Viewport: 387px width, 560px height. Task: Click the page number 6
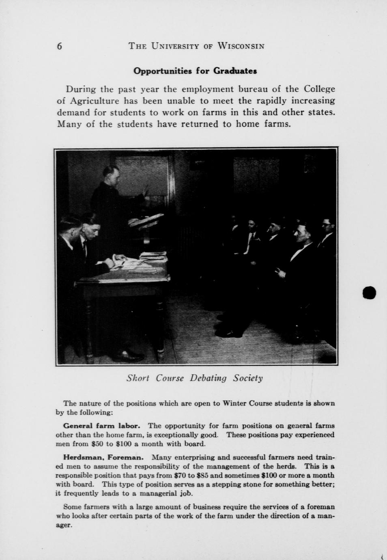(x=60, y=46)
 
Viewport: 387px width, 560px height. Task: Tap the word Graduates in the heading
(x=235, y=71)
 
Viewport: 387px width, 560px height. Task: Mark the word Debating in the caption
(x=209, y=378)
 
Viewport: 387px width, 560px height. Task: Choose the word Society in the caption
(x=248, y=378)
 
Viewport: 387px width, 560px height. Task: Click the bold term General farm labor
(x=102, y=426)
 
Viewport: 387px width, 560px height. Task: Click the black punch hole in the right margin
(x=370, y=293)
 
